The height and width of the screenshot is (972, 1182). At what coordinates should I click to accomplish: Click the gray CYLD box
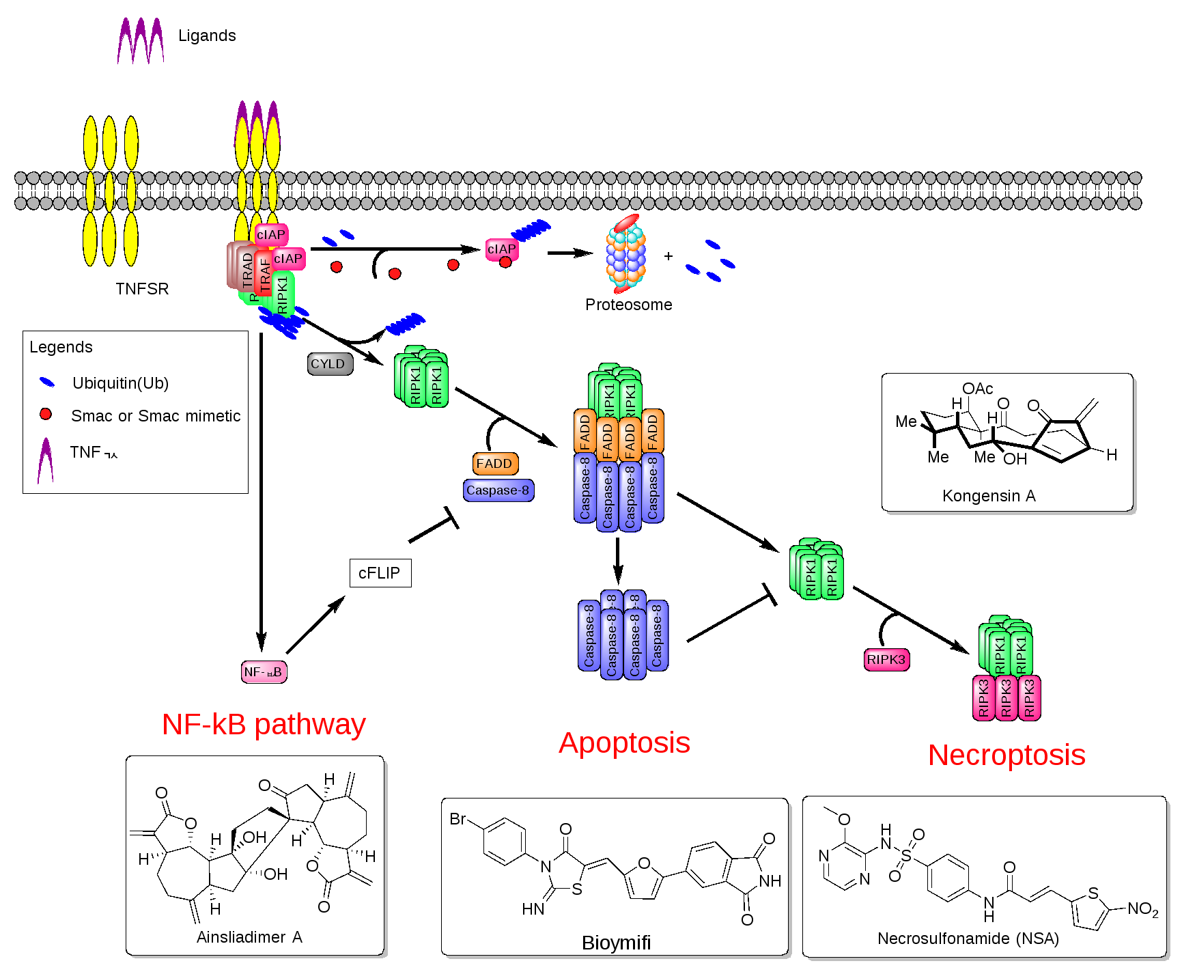point(330,364)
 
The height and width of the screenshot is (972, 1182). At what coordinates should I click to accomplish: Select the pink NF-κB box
point(264,672)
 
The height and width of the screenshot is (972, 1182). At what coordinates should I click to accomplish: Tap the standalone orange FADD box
point(495,464)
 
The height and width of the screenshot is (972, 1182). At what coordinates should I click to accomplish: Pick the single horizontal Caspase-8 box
point(498,490)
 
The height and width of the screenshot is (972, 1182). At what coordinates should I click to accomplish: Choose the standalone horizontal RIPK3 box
point(886,660)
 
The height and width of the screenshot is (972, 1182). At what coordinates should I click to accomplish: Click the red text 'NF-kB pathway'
point(264,724)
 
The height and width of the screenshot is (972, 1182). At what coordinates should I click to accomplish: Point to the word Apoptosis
point(624,743)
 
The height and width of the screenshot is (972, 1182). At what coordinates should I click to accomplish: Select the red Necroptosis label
point(1007,755)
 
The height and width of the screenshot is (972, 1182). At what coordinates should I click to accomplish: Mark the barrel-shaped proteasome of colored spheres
point(625,254)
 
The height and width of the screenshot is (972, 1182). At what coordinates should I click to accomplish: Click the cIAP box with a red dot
point(501,249)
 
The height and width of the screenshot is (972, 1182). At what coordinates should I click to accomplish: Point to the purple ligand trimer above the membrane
point(141,41)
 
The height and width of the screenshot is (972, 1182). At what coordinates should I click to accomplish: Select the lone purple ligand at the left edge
point(45,461)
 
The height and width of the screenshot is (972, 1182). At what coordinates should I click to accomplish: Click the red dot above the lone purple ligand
point(45,414)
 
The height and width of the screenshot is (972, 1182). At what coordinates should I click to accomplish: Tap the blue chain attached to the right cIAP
point(531,230)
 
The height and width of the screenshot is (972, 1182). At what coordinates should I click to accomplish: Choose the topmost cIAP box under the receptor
point(271,234)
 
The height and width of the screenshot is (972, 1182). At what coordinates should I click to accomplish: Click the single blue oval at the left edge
point(46,382)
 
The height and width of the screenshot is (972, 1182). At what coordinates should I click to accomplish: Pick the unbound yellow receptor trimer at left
point(109,191)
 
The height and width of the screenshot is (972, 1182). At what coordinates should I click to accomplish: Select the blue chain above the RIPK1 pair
point(406,324)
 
